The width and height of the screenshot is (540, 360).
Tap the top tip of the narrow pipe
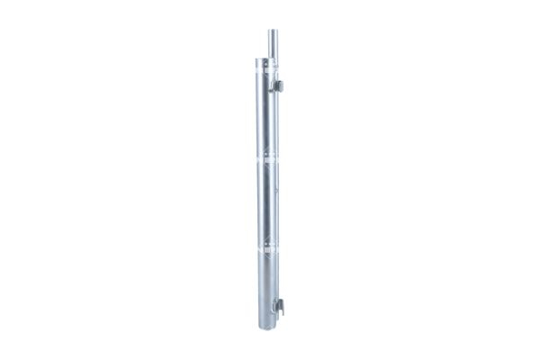[x=271, y=31]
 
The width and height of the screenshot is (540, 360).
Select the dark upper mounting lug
[x=280, y=85]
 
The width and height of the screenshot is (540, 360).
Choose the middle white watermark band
[x=266, y=160]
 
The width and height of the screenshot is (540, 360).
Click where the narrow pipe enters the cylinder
[x=271, y=60]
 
